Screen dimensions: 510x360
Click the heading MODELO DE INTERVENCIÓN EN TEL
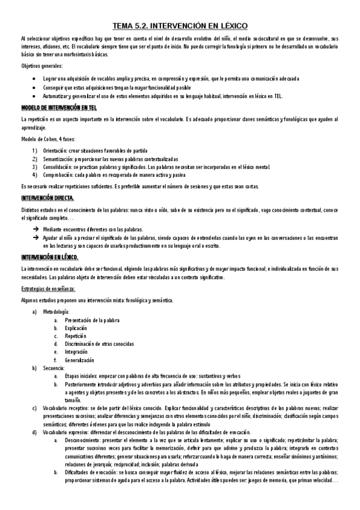[x=59, y=108]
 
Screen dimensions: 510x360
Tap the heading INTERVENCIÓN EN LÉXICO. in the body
[x=53, y=257]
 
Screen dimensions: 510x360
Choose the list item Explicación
[x=77, y=328]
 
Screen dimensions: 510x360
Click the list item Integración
[x=76, y=352]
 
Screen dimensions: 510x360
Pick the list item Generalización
[x=80, y=360]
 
